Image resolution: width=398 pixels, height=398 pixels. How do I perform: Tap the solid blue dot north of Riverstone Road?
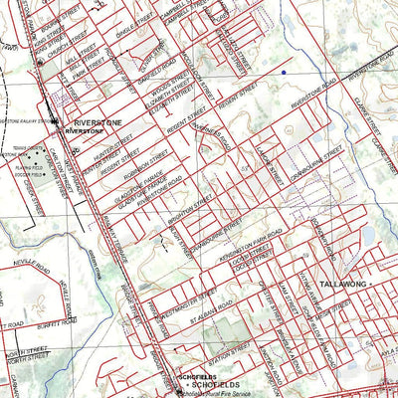(x=284, y=73)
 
